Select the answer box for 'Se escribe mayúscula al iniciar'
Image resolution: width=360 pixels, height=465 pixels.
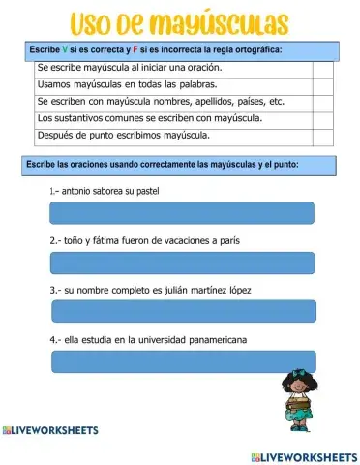(x=322, y=70)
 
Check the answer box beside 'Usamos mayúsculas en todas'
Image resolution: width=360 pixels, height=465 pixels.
(x=322, y=86)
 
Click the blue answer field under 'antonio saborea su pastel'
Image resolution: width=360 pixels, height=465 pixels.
(x=181, y=213)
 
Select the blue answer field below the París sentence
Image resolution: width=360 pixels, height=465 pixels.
(x=181, y=263)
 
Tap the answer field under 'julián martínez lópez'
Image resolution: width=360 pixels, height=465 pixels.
(x=181, y=311)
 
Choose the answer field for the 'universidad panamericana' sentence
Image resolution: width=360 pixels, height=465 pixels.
(x=181, y=361)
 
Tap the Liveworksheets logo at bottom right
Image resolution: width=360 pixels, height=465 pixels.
(x=303, y=455)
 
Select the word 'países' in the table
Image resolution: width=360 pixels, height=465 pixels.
(x=244, y=101)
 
